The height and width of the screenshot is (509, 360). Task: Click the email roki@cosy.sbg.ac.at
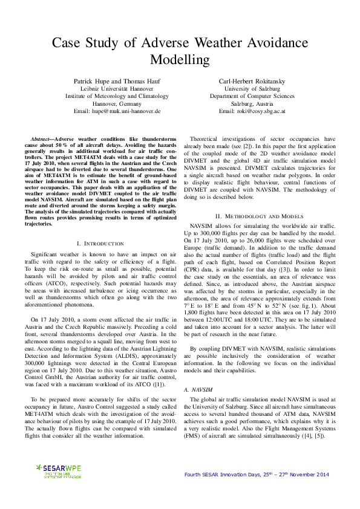[x=252, y=111]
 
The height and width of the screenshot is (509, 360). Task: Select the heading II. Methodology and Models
[x=260, y=216]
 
